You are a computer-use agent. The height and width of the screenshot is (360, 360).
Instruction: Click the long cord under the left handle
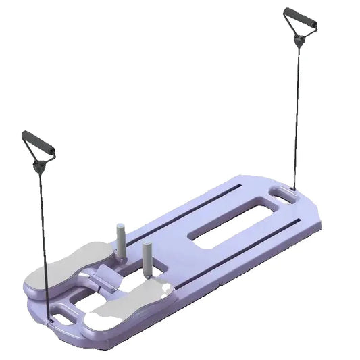point(45,236)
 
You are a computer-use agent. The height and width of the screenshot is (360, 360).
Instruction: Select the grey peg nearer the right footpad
point(147,255)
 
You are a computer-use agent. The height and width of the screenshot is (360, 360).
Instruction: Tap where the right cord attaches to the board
point(293,187)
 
